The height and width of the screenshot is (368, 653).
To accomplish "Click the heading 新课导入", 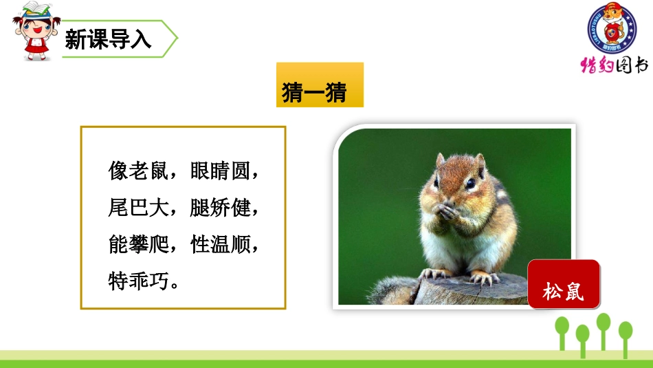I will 109,39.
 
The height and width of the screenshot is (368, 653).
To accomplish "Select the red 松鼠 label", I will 563,292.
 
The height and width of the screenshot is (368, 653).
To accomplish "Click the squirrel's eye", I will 469,184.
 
